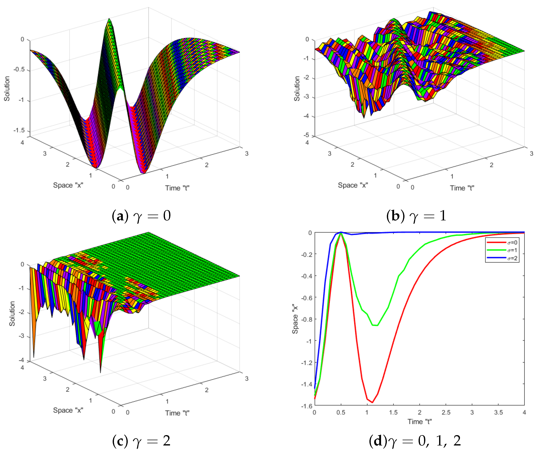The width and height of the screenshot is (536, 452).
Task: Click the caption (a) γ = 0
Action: (141, 216)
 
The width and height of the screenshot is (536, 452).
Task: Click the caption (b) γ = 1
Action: (416, 216)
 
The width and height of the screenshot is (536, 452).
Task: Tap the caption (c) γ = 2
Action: (141, 441)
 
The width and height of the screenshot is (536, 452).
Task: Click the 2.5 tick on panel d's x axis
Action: (446, 412)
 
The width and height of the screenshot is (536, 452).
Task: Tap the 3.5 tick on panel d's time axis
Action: (498, 412)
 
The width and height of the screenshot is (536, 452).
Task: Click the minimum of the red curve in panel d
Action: (372, 402)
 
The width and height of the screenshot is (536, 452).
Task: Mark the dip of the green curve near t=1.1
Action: (375, 325)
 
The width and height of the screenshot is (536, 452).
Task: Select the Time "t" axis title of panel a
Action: (177, 188)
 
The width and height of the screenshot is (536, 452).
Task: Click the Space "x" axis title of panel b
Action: (353, 185)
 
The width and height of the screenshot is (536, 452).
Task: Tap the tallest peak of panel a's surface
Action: (109, 19)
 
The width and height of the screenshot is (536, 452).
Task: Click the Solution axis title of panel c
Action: (12, 313)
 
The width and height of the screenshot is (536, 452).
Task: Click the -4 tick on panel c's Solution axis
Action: (22, 360)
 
